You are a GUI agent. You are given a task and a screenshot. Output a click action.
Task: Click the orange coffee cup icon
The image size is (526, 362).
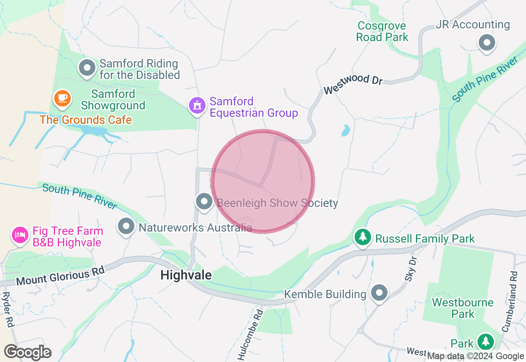click(62, 98)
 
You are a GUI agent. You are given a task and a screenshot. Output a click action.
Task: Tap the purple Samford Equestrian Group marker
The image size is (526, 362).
click(197, 106)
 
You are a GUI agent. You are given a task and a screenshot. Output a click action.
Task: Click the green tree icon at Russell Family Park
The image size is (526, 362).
click(362, 237)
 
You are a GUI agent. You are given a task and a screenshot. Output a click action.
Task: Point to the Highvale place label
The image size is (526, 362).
click(186, 275)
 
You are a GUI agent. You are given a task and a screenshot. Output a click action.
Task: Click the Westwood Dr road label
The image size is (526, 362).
click(353, 84)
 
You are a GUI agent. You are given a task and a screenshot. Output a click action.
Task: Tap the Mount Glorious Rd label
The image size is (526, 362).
click(60, 276)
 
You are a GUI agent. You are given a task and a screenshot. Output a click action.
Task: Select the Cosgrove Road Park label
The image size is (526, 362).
click(382, 32)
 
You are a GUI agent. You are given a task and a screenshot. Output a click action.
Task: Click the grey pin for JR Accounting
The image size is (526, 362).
click(487, 42)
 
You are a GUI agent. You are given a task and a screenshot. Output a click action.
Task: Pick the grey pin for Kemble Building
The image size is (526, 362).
click(379, 293)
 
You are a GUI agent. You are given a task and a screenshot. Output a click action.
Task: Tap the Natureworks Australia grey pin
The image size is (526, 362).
click(126, 226)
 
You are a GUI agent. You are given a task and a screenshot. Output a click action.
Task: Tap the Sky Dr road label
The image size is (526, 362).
click(410, 270)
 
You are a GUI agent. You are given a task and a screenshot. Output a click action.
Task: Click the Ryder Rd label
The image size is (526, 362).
click(8, 309)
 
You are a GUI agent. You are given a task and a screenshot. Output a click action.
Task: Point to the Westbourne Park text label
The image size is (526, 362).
click(463, 308)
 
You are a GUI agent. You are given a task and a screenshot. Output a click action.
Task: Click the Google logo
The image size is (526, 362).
click(28, 353)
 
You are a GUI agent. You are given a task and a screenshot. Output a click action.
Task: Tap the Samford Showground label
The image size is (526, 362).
click(113, 100)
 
